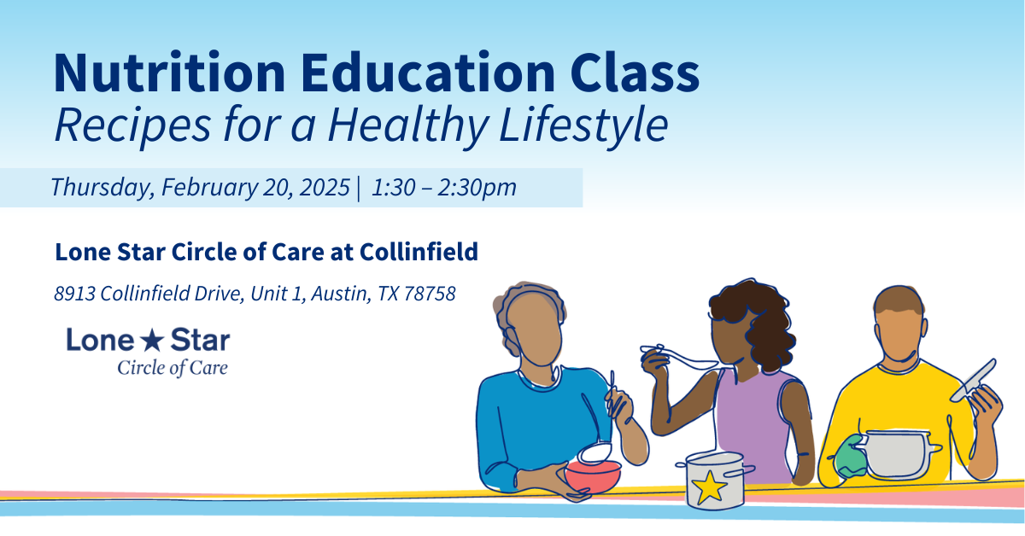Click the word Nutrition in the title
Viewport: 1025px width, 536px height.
[169, 73]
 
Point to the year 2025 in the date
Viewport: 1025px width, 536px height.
[325, 187]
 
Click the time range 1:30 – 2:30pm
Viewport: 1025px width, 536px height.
[444, 188]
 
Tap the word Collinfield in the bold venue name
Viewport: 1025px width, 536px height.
[419, 251]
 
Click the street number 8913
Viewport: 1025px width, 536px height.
[74, 294]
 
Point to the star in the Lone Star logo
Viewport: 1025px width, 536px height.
[152, 341]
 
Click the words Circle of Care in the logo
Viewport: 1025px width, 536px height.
[173, 368]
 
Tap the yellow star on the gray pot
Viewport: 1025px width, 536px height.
[709, 487]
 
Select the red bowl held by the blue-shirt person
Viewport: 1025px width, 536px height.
[593, 476]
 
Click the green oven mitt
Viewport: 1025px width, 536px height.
[850, 457]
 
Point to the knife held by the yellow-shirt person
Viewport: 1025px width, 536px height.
[974, 381]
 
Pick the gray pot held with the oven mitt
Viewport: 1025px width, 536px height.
[897, 454]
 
